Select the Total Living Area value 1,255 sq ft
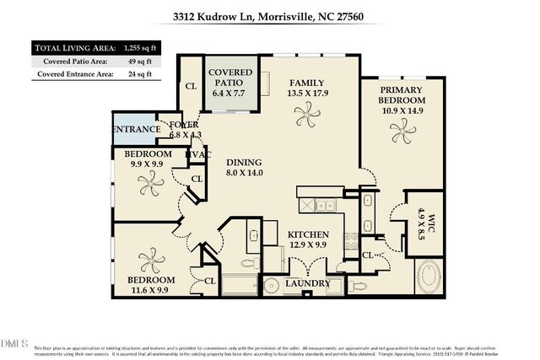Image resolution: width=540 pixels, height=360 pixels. [x=134, y=47]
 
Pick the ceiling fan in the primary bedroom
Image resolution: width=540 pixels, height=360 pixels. [x=401, y=129]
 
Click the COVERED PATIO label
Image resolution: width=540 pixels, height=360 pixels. [x=229, y=78]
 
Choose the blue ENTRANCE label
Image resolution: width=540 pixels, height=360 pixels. [x=134, y=129]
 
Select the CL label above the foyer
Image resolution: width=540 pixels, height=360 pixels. [x=190, y=85]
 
